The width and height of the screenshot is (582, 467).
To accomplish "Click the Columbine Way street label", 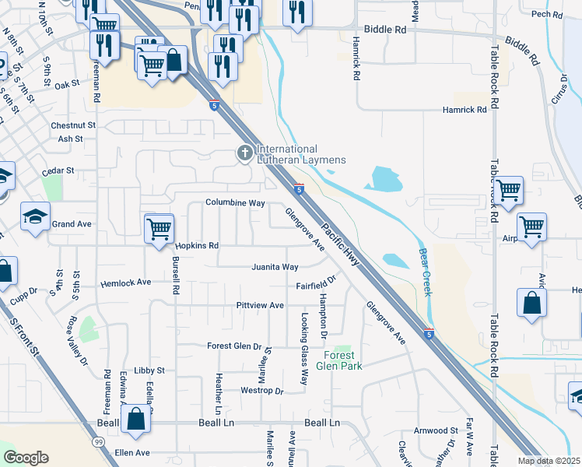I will click(235, 202).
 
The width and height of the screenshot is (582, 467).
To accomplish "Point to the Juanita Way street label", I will click(275, 267).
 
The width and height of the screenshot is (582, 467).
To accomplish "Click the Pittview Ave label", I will click(260, 305).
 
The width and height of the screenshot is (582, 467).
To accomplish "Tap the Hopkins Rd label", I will click(197, 245).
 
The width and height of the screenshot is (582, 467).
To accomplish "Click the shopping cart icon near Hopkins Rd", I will click(159, 229).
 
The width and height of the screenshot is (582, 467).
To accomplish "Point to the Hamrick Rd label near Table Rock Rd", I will click(465, 110).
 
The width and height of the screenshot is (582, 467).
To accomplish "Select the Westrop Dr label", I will click(261, 390).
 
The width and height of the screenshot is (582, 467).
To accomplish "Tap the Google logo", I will click(26, 458).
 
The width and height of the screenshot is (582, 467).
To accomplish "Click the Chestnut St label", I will click(73, 125).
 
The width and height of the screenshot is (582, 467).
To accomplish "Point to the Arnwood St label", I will click(436, 430).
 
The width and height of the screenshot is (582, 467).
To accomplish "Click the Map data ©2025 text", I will click(548, 461).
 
